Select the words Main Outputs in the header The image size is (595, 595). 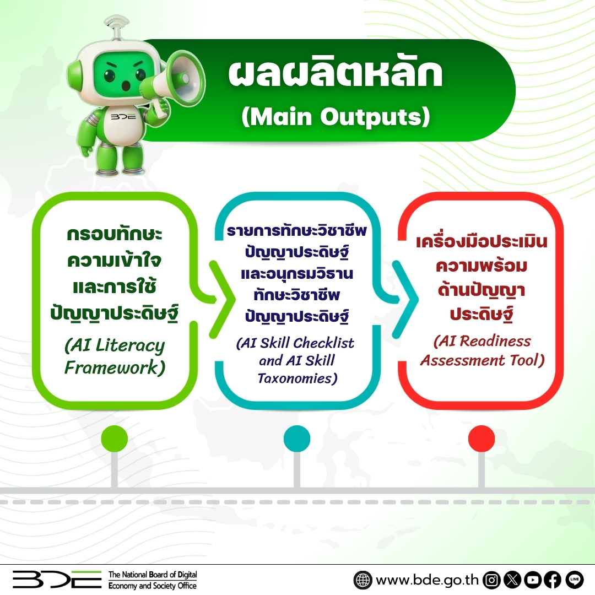point(336,116)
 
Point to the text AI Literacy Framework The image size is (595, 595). point(115,356)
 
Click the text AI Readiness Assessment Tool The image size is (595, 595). point(482,350)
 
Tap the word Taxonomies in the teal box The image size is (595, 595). point(297,378)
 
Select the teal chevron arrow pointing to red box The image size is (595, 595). point(405,299)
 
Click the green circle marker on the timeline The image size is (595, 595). point(114,439)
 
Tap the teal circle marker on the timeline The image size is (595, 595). point(297,439)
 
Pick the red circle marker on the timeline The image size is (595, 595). point(481,439)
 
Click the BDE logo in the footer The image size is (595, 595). point(57,580)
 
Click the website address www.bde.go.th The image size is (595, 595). point(427,580)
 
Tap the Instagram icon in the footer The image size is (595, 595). point(492,580)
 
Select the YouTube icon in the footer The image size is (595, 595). point(533,580)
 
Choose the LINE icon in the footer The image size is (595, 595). point(574,580)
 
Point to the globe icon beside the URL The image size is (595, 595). point(363,580)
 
